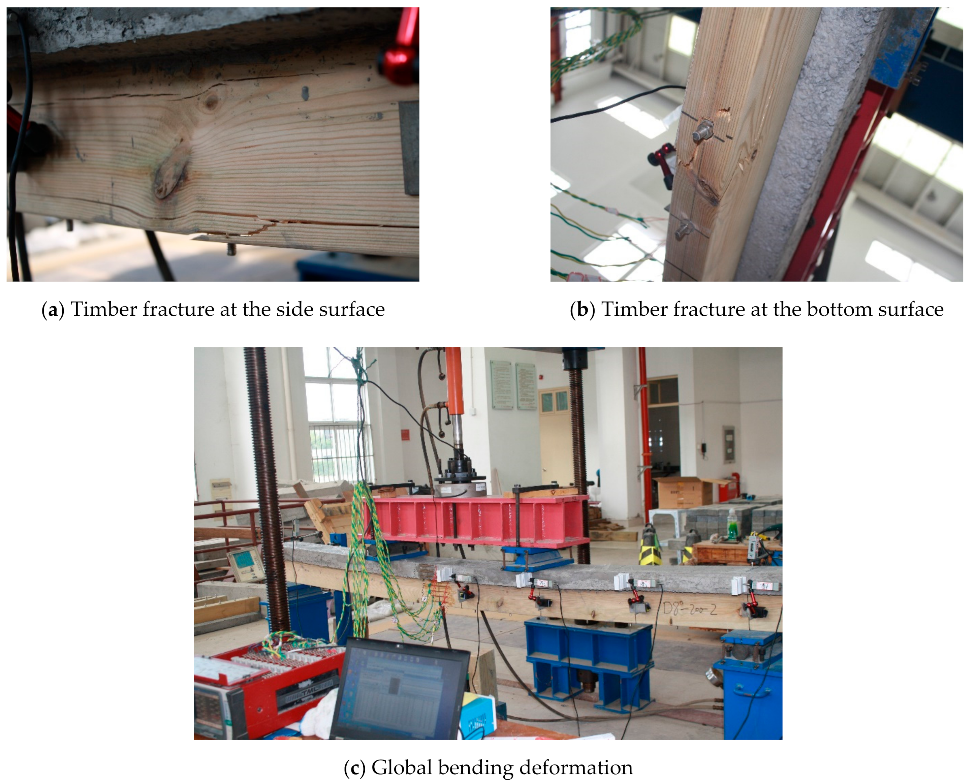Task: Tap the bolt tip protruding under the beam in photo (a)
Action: (x=231, y=249)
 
